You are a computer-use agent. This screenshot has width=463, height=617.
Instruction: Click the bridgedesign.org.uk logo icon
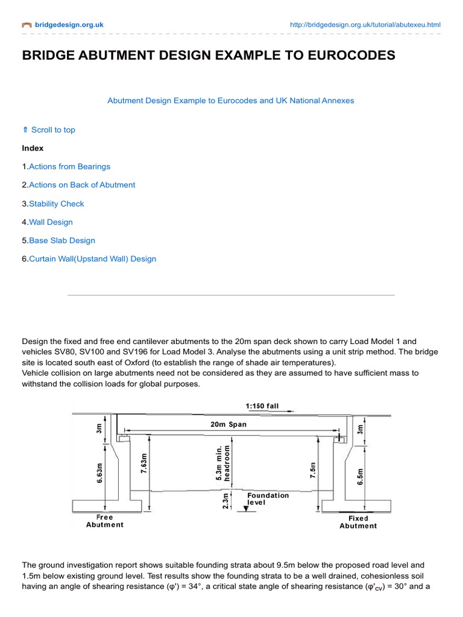27,25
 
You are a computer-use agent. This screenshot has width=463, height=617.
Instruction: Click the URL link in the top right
365,25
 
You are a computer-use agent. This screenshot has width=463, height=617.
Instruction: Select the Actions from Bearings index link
69,166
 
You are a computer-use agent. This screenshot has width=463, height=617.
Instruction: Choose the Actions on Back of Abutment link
82,185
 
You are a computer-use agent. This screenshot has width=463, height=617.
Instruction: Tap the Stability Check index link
57,204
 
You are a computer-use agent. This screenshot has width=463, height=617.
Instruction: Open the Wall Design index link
51,222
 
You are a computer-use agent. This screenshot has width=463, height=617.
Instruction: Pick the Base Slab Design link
62,240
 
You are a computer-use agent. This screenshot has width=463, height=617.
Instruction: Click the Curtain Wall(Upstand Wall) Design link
92,259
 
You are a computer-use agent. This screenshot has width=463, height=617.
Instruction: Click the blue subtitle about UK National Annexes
231,101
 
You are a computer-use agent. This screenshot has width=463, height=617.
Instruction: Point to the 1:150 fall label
262,406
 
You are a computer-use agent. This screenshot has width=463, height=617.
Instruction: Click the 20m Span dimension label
228,424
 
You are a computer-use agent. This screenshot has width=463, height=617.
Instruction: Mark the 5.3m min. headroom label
223,463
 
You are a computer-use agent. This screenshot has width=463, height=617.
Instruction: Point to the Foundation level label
268,499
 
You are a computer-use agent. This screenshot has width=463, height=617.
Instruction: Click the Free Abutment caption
104,521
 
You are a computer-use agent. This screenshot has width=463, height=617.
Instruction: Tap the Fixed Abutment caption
358,522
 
